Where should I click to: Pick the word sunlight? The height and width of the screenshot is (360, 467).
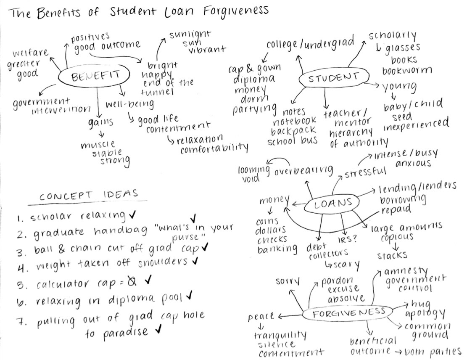point(190,34)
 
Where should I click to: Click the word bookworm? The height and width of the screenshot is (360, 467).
point(406,70)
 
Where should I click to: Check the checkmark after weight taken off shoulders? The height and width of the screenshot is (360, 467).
point(194,261)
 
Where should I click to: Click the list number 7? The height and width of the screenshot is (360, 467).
point(19,323)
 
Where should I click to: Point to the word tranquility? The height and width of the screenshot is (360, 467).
point(280,335)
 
